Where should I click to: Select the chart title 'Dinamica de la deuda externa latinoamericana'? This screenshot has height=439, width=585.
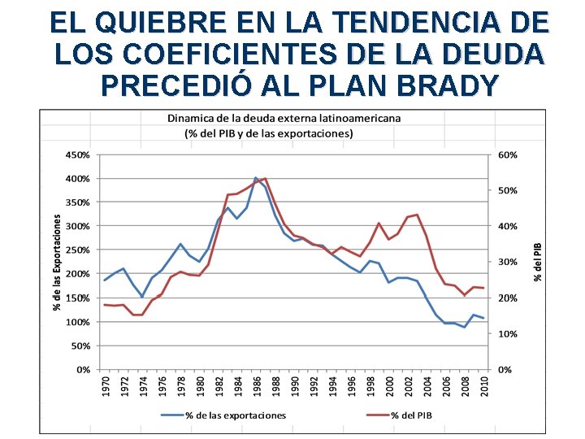pyautogui.click(x=284, y=118)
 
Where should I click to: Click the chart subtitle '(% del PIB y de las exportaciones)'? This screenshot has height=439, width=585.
pyautogui.click(x=268, y=133)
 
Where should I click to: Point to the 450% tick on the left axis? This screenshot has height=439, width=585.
pyautogui.click(x=77, y=154)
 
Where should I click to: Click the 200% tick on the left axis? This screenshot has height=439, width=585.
pyautogui.click(x=77, y=274)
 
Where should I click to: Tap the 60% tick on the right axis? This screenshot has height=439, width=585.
pyautogui.click(x=508, y=154)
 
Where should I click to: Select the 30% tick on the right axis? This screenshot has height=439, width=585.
pyautogui.click(x=508, y=262)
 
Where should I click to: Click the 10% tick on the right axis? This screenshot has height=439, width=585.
pyautogui.click(x=508, y=334)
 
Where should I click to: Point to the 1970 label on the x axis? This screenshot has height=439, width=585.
pyautogui.click(x=106, y=386)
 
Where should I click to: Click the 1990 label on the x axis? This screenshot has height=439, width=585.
pyautogui.click(x=295, y=386)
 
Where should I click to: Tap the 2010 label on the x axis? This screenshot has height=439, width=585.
pyautogui.click(x=484, y=386)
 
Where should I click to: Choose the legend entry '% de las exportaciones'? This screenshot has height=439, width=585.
pyautogui.click(x=236, y=415)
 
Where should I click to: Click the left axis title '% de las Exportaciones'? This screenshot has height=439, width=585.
pyautogui.click(x=58, y=262)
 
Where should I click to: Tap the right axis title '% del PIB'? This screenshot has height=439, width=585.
pyautogui.click(x=537, y=262)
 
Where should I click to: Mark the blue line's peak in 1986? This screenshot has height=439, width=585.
pyautogui.click(x=256, y=177)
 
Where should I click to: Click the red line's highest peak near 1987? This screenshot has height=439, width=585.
pyautogui.click(x=266, y=179)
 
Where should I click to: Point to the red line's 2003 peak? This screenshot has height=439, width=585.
pyautogui.click(x=417, y=215)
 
